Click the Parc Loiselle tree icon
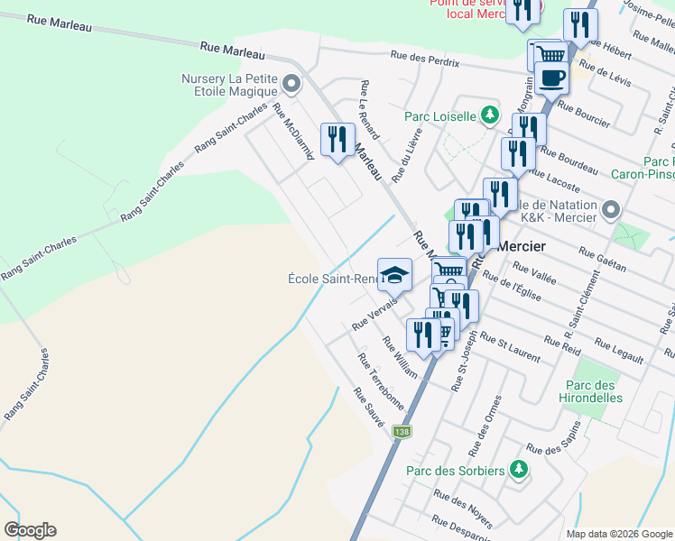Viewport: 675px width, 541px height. coord(489,115)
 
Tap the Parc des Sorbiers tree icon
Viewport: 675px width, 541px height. coord(518,469)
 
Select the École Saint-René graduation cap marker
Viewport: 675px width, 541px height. coord(393,274)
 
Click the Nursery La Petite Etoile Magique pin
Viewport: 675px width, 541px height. coord(291,85)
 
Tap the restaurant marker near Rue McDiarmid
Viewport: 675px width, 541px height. coord(337,140)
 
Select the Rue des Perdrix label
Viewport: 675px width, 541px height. coord(425,58)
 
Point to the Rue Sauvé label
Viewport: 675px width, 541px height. coord(369,408)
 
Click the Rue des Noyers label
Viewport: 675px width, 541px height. coord(463,509)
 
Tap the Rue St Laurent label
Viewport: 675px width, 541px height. coord(511,347)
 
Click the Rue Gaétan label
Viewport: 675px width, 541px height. coord(602,259)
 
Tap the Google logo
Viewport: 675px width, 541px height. coord(30,530)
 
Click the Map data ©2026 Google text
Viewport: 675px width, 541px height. coord(618,534)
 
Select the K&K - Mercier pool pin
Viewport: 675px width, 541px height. coord(612,211)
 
